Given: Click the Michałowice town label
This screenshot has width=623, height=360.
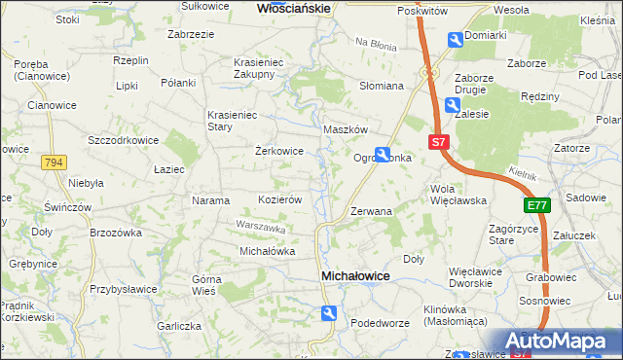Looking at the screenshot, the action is (x=355, y=277).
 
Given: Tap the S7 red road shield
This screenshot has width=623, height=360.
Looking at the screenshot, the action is (x=439, y=141).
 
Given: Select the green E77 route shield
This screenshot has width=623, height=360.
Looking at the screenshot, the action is (x=537, y=205).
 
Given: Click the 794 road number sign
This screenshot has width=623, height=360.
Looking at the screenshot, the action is (x=55, y=162).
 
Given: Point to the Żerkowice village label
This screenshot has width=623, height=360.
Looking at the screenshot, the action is (x=279, y=152).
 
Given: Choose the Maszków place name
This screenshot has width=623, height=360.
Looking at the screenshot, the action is (x=345, y=129).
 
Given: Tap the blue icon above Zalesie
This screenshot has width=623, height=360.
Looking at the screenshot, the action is (x=453, y=105).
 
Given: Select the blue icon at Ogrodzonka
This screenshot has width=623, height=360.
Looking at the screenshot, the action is (x=384, y=154).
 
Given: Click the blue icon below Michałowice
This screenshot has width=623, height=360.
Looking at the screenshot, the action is (x=330, y=312).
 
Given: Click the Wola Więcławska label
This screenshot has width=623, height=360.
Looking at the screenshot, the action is (x=458, y=195).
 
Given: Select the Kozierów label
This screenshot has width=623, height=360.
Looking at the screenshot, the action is (x=279, y=199).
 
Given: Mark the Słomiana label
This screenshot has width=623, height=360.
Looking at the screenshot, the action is (x=382, y=86).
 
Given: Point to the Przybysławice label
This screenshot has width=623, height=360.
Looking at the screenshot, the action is (x=125, y=289).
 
